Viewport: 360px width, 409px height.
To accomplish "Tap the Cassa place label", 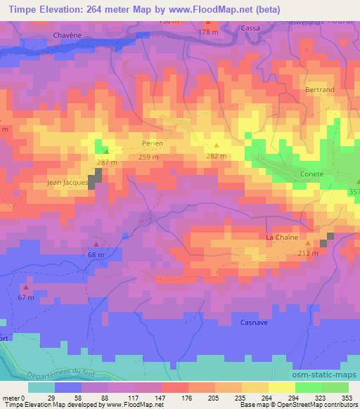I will click(250, 28).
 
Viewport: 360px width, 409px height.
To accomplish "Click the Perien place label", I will click(152, 143).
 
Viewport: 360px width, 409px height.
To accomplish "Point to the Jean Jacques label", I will click(67, 182).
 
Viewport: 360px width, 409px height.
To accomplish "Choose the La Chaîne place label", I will click(280, 238).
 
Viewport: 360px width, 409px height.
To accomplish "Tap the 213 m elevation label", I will click(308, 253).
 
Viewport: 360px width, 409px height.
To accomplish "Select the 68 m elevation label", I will click(95, 254).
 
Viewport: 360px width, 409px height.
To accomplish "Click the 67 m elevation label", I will click(26, 297).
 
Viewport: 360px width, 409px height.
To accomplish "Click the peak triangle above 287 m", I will click(106, 150).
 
